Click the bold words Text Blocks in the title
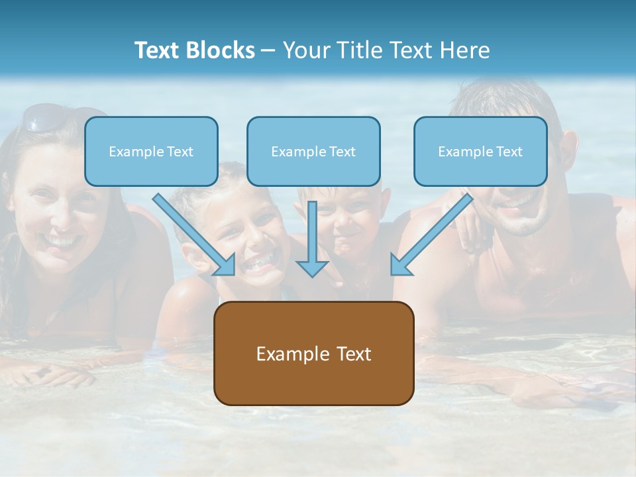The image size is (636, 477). pyautogui.click(x=195, y=50)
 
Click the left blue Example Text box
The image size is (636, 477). pyautogui.click(x=151, y=151)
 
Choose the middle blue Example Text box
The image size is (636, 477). pyautogui.click(x=313, y=151)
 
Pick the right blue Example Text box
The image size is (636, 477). pyautogui.click(x=480, y=151)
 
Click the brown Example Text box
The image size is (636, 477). pyautogui.click(x=313, y=353)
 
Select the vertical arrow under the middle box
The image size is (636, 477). pyautogui.click(x=312, y=238)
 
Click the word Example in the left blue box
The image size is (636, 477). pyautogui.click(x=132, y=151)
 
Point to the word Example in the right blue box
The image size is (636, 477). pyautogui.click(x=461, y=151)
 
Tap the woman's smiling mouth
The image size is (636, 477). pyautogui.click(x=61, y=241)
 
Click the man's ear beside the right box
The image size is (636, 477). pyautogui.click(x=568, y=142)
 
